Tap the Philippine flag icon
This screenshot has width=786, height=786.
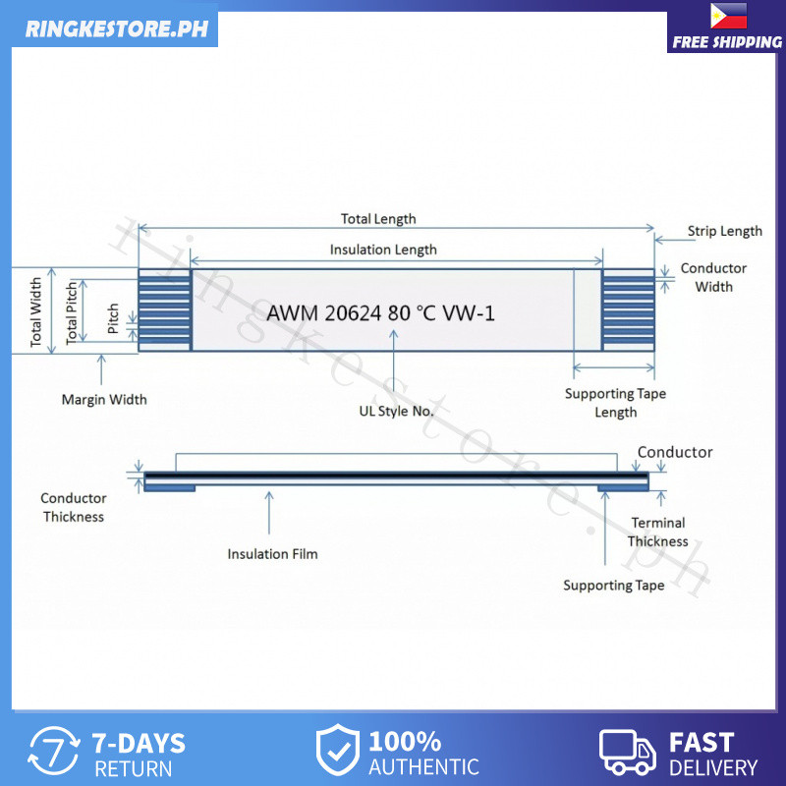click(727, 16)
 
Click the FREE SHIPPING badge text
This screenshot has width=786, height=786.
click(727, 42)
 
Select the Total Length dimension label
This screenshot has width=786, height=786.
click(378, 219)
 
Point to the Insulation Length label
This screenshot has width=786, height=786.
click(383, 250)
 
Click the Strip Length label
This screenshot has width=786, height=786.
click(724, 232)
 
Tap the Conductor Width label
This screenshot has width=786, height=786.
click(713, 277)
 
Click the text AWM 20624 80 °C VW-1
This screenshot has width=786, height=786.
click(381, 313)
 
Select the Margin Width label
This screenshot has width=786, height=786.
click(104, 399)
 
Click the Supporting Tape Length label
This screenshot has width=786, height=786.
click(615, 403)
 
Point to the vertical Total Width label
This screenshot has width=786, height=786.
click(37, 311)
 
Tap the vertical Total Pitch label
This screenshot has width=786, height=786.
click(72, 311)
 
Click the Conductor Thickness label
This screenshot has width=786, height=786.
click(74, 507)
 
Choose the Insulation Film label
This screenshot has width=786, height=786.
click(272, 554)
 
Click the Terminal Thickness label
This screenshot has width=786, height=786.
click(658, 532)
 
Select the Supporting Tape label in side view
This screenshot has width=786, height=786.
click(613, 586)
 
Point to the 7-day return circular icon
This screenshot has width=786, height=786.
click(54, 754)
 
